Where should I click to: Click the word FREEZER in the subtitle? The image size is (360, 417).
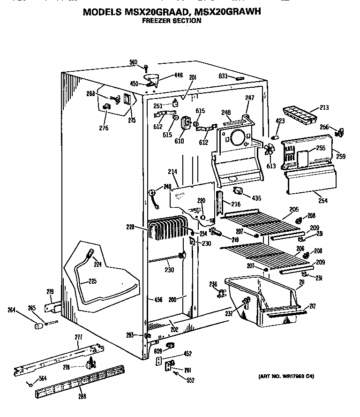[x=156, y=21]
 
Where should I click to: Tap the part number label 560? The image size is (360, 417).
[x=134, y=62]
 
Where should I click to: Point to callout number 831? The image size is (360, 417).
[x=223, y=76]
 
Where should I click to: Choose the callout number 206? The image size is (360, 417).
[x=300, y=249]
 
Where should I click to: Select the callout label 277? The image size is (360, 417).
[x=78, y=337]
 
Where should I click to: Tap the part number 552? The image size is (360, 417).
[x=190, y=380]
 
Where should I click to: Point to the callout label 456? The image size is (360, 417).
[x=157, y=300]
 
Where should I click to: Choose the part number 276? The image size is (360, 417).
[x=104, y=128]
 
